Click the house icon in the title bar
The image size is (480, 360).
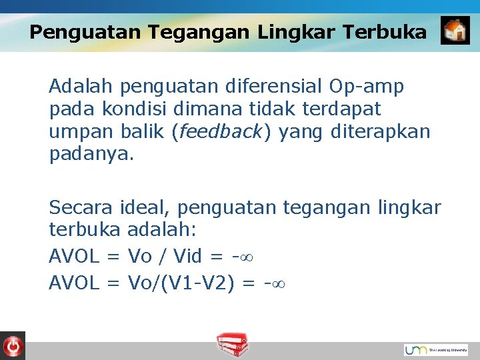(455, 31)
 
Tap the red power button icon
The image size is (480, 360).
(12, 345)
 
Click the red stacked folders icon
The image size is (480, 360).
(233, 345)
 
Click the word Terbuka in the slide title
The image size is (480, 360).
(387, 32)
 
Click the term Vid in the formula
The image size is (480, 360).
(187, 257)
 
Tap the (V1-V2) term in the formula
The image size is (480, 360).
(200, 283)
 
